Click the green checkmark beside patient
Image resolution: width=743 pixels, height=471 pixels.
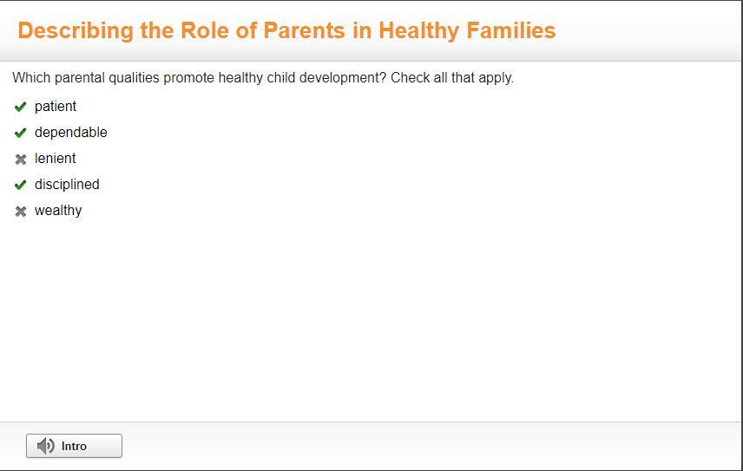click(x=20, y=107)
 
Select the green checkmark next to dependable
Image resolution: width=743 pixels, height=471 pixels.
click(x=20, y=133)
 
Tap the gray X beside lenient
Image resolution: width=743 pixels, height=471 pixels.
click(x=20, y=159)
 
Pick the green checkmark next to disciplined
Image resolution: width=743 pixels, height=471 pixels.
click(x=20, y=185)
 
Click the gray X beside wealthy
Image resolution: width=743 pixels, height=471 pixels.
click(x=20, y=211)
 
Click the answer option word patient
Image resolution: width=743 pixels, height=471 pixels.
click(x=56, y=107)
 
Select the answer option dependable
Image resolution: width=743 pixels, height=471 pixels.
click(x=71, y=133)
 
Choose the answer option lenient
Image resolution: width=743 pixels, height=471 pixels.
click(x=55, y=159)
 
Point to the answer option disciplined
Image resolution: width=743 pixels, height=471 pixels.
click(x=67, y=185)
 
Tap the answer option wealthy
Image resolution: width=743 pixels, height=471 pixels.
click(x=58, y=211)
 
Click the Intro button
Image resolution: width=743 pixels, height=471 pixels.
click(x=74, y=446)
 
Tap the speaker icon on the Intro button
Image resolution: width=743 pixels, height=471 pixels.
click(x=45, y=446)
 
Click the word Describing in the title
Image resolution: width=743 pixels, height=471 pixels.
click(x=76, y=30)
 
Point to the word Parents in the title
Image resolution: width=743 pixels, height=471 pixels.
click(x=304, y=30)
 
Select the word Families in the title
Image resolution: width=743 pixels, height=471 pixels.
click(x=510, y=30)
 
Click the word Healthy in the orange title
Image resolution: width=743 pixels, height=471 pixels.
click(x=419, y=30)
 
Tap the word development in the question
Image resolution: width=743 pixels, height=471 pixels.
click(x=343, y=77)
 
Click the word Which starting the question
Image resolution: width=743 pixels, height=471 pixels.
click(x=31, y=77)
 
